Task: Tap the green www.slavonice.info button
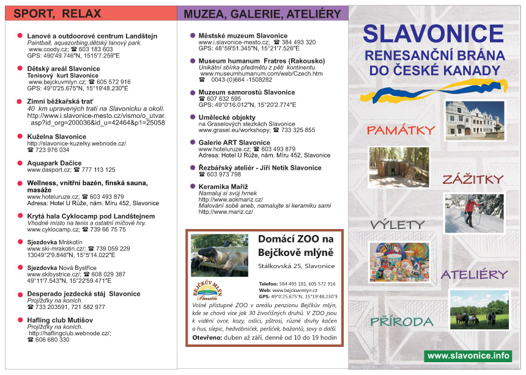click(468, 355)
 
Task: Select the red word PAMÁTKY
click(401, 129)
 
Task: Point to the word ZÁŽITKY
click(473, 179)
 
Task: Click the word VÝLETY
click(397, 224)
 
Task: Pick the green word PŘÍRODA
click(401, 321)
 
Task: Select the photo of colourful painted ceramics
click(399, 261)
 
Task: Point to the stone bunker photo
click(399, 167)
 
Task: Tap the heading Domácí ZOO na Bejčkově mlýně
click(296, 246)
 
